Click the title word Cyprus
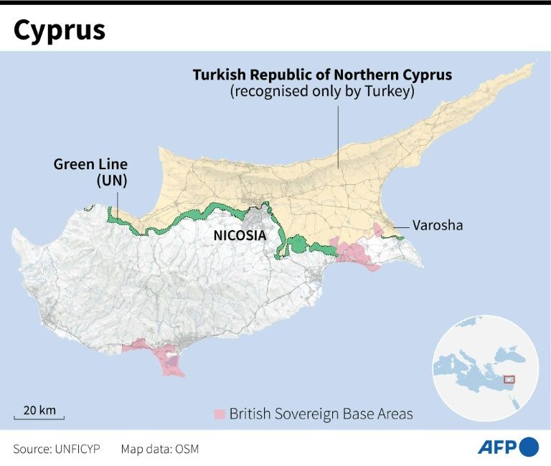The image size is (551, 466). pos(59,29)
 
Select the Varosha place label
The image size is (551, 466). pos(438,225)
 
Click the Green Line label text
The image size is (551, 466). pos(90,164)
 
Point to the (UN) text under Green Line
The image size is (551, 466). pos(111,181)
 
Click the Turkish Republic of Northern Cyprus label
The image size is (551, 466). pos(322,75)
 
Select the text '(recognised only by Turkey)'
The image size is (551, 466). pos(322,92)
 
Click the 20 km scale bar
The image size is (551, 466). pos(39,416)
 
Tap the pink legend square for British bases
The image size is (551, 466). pos(220,414)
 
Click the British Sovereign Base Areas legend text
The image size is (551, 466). pos(321,414)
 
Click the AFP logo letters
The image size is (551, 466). pos(497,447)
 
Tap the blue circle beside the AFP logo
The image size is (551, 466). pos(529,447)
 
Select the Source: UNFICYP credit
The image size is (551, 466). pos(57,449)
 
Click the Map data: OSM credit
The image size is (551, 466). pos(159,449)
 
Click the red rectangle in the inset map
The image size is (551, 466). pos(509,379)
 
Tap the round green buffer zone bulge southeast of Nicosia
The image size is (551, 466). pos(297,245)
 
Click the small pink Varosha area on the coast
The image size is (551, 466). pos(378,229)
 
